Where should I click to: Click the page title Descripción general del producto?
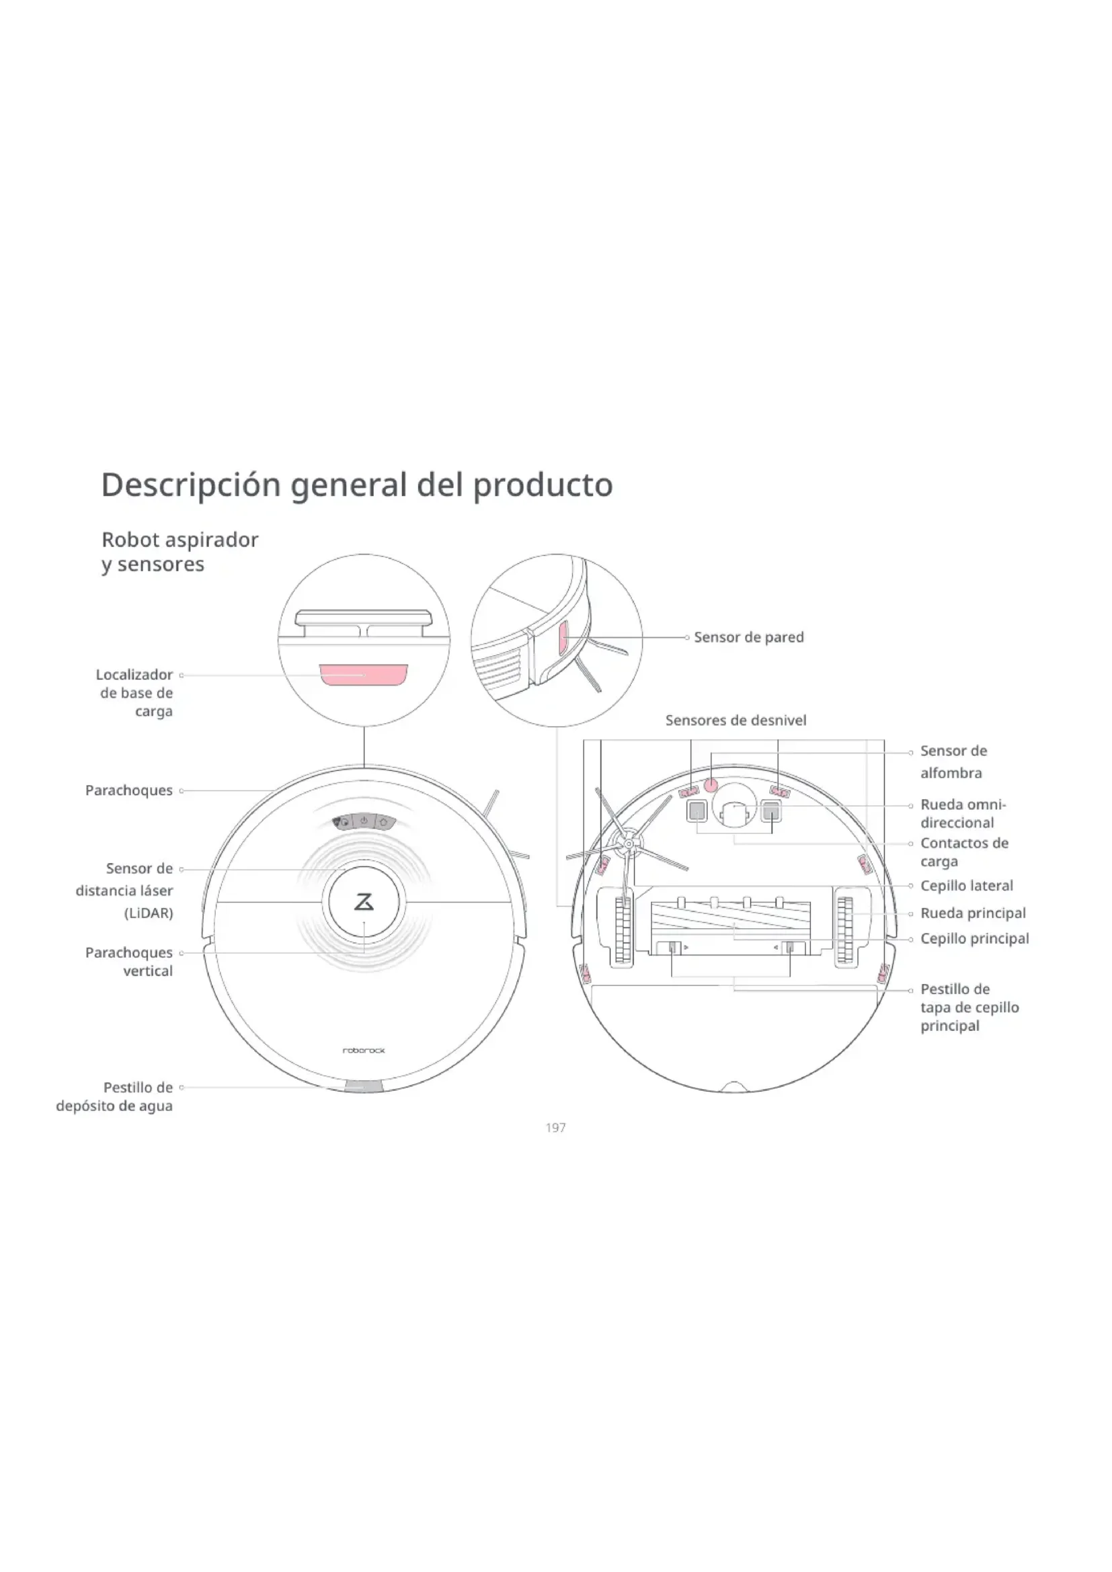click(x=357, y=485)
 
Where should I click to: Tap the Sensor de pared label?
click(x=748, y=637)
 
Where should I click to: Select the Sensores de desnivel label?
click(x=736, y=720)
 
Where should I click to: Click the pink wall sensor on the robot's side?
click(x=563, y=638)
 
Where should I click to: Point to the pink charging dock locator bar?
click(x=364, y=674)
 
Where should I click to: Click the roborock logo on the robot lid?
click(x=364, y=1050)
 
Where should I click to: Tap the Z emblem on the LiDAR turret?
click(x=364, y=902)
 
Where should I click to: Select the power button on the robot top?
click(x=364, y=821)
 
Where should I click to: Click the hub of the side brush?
click(x=628, y=845)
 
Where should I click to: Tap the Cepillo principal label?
click(x=974, y=939)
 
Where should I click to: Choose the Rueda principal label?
click(x=972, y=913)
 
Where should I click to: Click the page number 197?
click(x=555, y=1128)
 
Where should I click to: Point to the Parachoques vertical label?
click(x=128, y=961)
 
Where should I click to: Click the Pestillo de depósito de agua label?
click(x=114, y=1096)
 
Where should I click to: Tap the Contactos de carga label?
click(x=963, y=852)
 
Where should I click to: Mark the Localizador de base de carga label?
click(x=134, y=693)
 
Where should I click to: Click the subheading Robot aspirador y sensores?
click(x=180, y=552)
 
